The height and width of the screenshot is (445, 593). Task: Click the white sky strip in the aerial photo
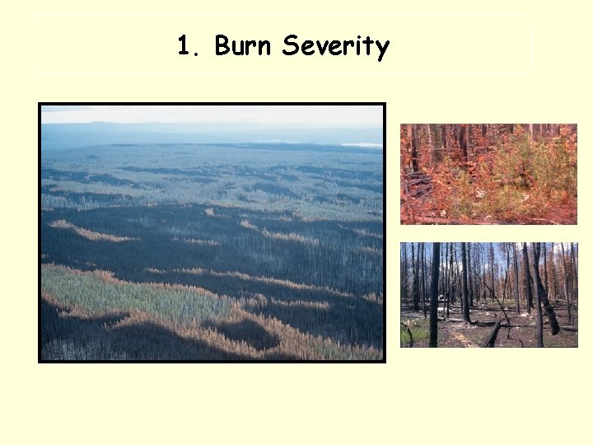tap(206, 114)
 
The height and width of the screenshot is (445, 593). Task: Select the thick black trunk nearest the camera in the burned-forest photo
tap(434, 297)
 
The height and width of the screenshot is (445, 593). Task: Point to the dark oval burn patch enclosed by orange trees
tap(247, 334)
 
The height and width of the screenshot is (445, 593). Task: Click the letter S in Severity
tap(290, 46)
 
